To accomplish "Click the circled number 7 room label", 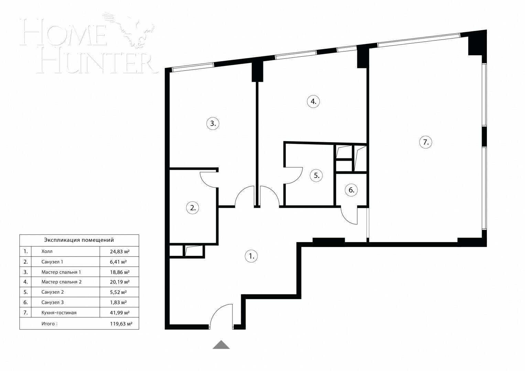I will tap(426, 142).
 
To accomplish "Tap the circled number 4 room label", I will tap(313, 101).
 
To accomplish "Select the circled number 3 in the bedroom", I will tap(213, 123).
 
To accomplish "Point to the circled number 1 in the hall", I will tap(251, 256).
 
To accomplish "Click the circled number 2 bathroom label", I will tap(193, 207).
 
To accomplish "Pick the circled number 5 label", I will tap(316, 176).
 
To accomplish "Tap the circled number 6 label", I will tap(351, 190).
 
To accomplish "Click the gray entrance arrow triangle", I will tap(221, 345).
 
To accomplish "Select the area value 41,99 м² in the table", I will tap(119, 313).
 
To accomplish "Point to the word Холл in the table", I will tap(47, 251).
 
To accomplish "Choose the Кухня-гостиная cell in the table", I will tap(59, 313).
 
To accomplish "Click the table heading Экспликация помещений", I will tap(79, 240).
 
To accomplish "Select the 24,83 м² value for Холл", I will tap(119, 251).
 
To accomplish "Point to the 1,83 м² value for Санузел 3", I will tap(118, 302).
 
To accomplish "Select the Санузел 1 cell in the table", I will tap(52, 262).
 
